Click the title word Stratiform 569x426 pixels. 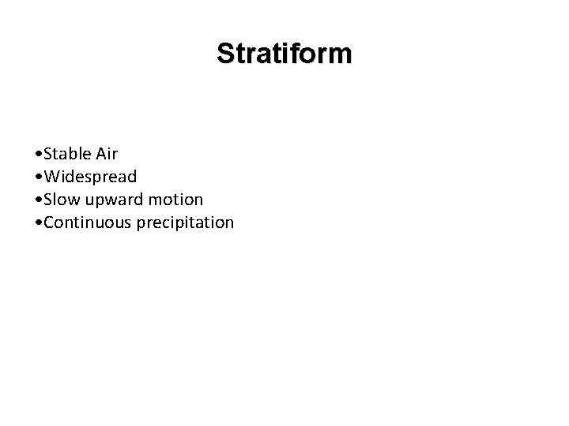[284, 54]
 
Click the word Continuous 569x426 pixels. [88, 222]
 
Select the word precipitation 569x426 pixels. [185, 222]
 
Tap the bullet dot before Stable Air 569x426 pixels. [39, 152]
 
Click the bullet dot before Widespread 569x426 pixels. [39, 176]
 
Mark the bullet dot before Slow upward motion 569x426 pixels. [39, 200]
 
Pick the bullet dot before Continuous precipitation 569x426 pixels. [39, 223]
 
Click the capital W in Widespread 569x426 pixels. [51, 175]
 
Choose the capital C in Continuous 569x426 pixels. [49, 222]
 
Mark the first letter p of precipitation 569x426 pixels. [141, 224]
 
